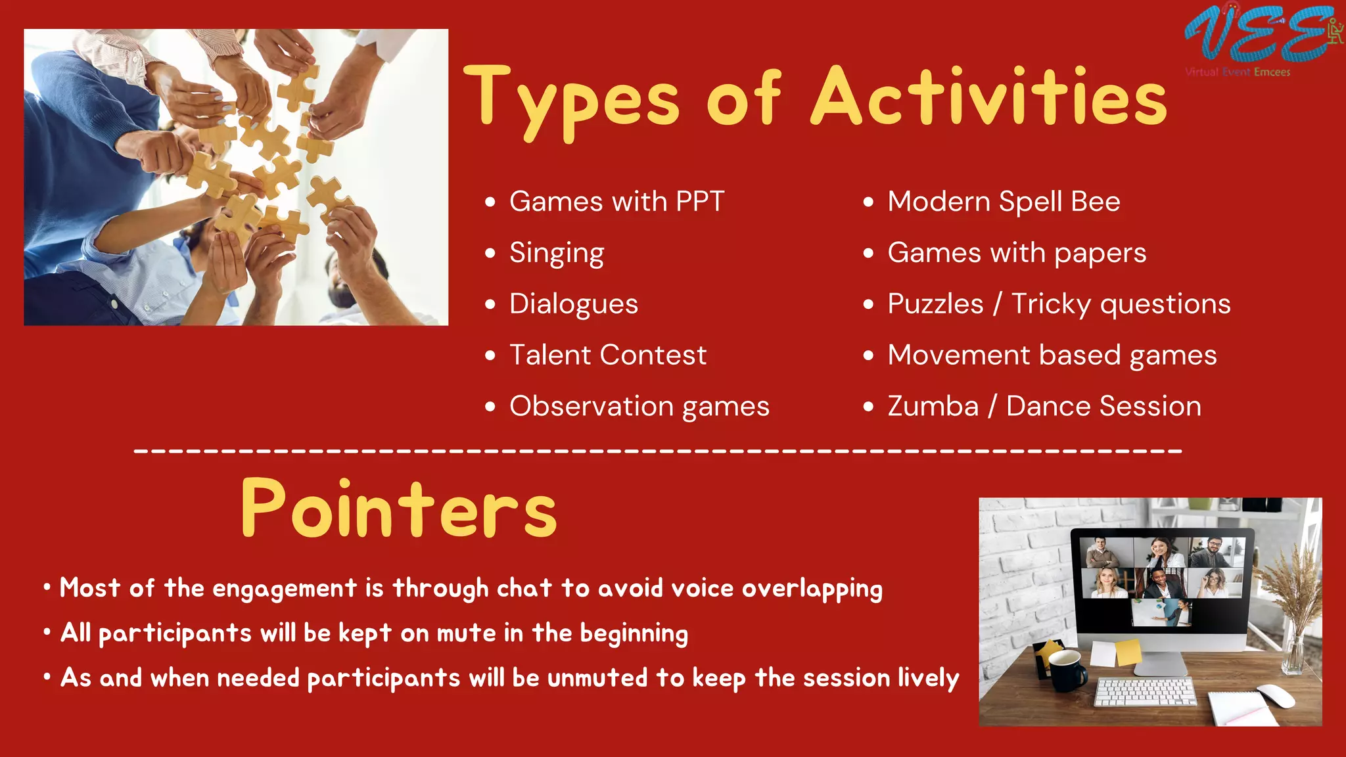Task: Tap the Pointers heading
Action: [x=399, y=509]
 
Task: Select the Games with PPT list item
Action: [x=616, y=201]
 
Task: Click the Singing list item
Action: [x=556, y=253]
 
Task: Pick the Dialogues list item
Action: [x=573, y=304]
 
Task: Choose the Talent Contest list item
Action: [x=607, y=355]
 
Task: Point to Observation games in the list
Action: [x=639, y=406]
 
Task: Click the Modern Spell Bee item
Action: [x=1003, y=201]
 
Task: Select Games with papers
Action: [x=1016, y=253]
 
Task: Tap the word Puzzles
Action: [x=935, y=304]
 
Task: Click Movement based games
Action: [x=1052, y=355]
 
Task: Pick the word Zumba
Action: [x=933, y=406]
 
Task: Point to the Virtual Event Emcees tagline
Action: [x=1238, y=72]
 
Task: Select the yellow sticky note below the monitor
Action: [x=1128, y=652]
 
